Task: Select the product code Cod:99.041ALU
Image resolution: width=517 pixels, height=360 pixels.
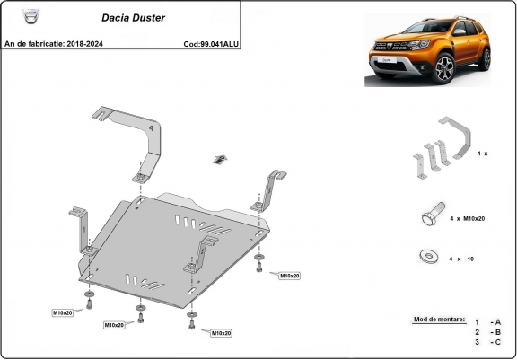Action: pyautogui.click(x=211, y=43)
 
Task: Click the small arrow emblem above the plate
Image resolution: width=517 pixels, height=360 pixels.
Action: pyautogui.click(x=218, y=160)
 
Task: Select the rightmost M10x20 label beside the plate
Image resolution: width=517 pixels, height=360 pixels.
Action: pyautogui.click(x=288, y=275)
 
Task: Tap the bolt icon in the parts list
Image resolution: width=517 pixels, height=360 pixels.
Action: pyautogui.click(x=431, y=217)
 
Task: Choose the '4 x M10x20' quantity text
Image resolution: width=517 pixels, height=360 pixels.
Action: pyautogui.click(x=464, y=218)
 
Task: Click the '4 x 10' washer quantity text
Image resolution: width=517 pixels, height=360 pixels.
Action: pyautogui.click(x=460, y=259)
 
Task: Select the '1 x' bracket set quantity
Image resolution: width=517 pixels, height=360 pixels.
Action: pyautogui.click(x=482, y=154)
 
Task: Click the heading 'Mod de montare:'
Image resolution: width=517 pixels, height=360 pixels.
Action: pyautogui.click(x=433, y=320)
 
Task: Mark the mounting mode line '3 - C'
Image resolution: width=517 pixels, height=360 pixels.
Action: pyautogui.click(x=488, y=342)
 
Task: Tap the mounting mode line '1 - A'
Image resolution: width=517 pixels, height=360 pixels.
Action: pyautogui.click(x=488, y=321)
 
